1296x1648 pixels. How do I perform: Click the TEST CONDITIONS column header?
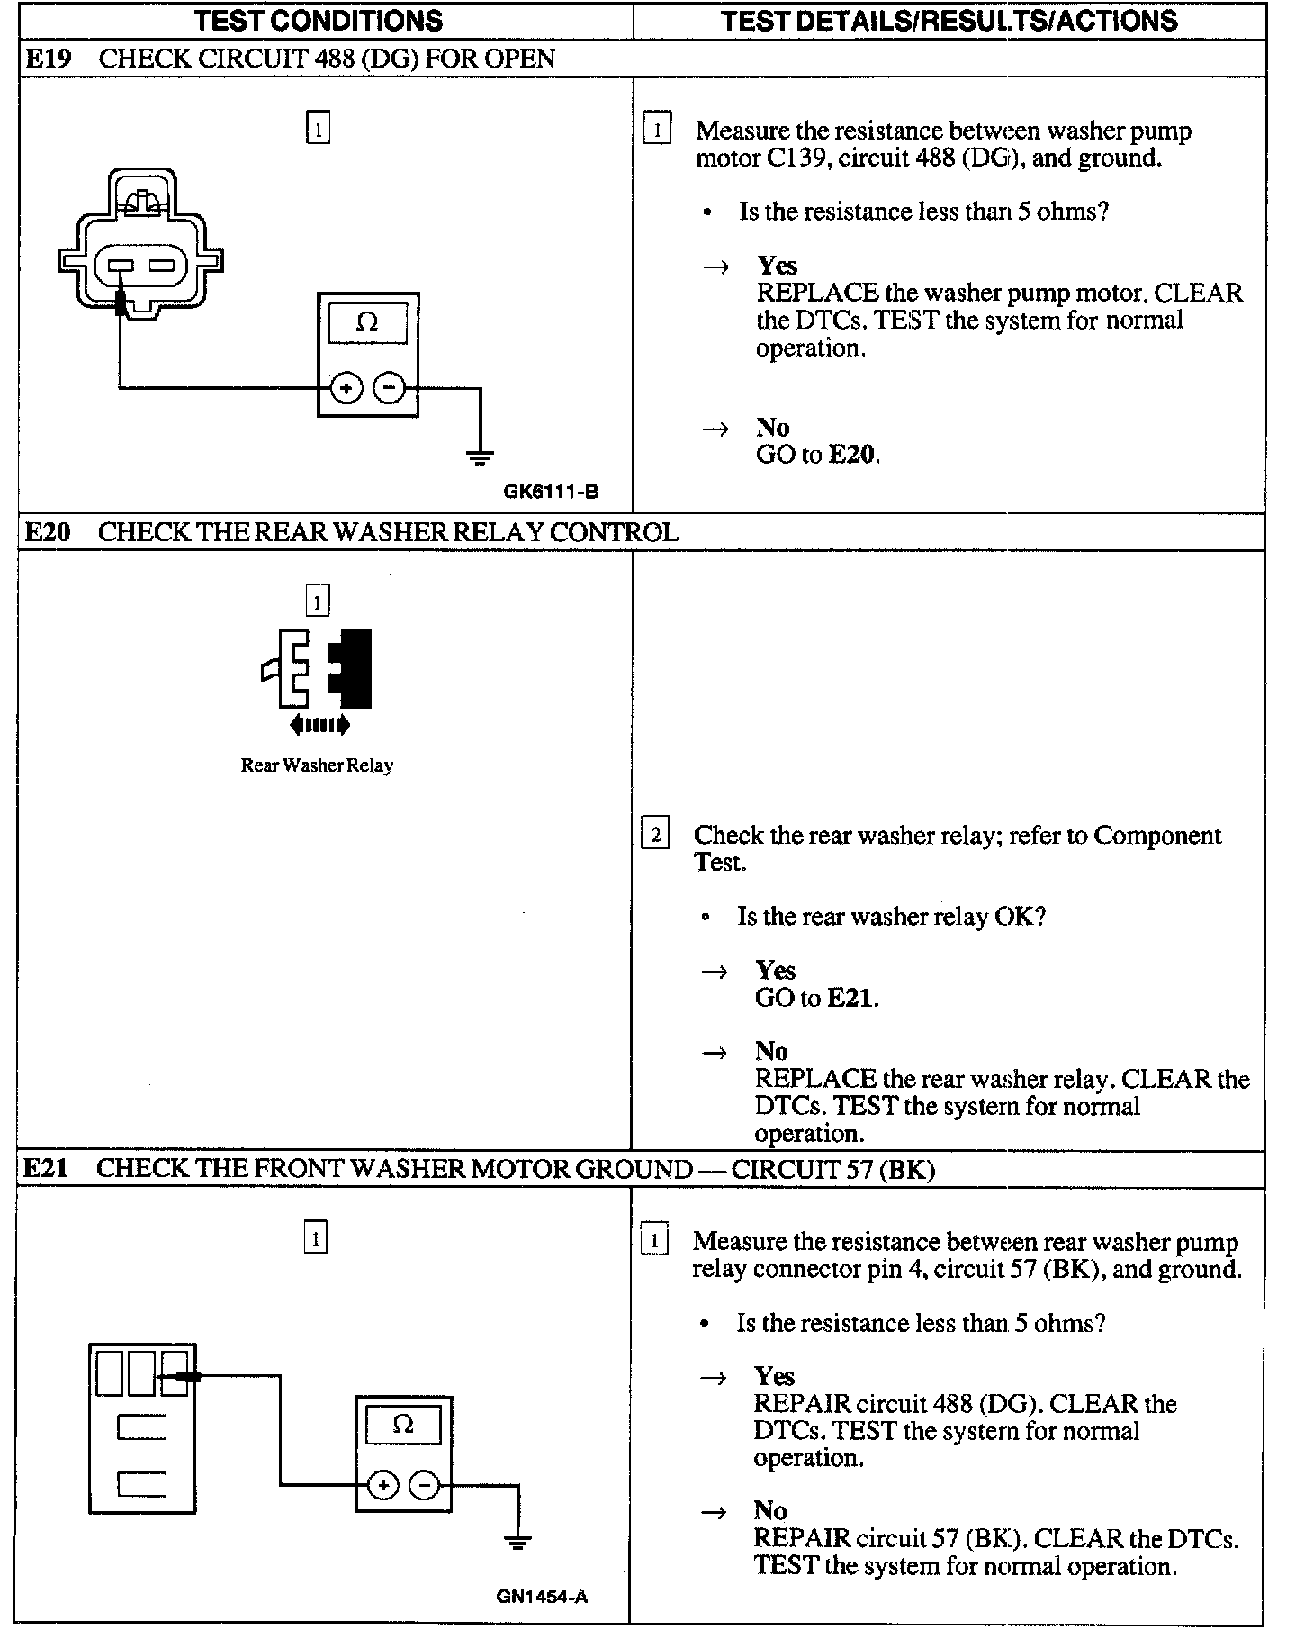[318, 20]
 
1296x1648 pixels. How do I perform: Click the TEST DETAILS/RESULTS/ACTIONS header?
[949, 20]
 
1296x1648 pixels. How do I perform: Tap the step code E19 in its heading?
[47, 59]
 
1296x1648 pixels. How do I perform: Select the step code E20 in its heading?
[47, 532]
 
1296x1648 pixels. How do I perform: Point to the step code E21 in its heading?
[45, 1169]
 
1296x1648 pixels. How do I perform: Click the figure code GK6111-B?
[551, 492]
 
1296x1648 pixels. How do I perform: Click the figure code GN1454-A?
[542, 1597]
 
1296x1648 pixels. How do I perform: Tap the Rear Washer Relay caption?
[317, 765]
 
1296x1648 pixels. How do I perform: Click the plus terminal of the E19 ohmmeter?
[346, 389]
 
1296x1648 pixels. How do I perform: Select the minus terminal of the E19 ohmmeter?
[389, 389]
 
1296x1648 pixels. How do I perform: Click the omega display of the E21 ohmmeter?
[403, 1424]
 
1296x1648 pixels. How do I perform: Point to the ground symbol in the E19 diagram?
[480, 457]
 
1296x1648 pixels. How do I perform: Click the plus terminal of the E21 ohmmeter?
[382, 1485]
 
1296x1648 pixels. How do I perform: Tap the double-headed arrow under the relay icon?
[319, 724]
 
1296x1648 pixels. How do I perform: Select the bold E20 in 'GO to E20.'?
[851, 454]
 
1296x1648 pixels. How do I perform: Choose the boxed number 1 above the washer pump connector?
[318, 128]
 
